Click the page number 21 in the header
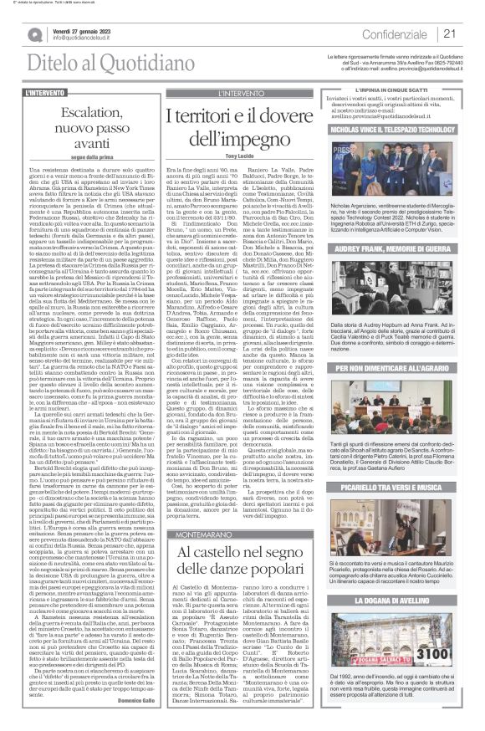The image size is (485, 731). pos(449,33)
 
